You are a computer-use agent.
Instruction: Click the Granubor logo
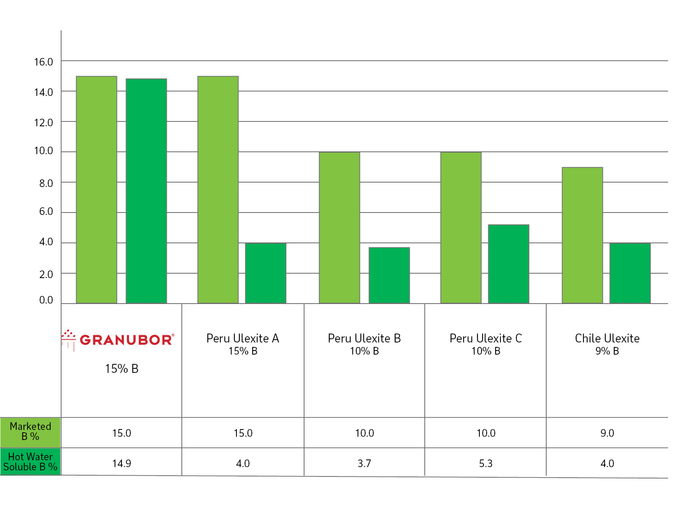pyautogui.click(x=118, y=340)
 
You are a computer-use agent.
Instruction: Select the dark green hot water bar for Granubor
pyautogui.click(x=146, y=191)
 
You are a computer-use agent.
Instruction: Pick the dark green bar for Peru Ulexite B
pyautogui.click(x=389, y=275)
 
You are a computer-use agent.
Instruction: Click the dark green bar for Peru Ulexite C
pyautogui.click(x=509, y=264)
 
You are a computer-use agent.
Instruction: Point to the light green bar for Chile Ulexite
pyautogui.click(x=582, y=235)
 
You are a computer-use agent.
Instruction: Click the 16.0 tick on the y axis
pyautogui.click(x=44, y=62)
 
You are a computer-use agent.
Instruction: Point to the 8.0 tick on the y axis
pyautogui.click(x=46, y=183)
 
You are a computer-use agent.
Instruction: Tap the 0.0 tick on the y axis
pyautogui.click(x=46, y=300)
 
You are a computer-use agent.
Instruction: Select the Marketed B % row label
pyautogui.click(x=30, y=432)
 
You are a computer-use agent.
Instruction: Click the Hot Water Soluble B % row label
pyautogui.click(x=30, y=462)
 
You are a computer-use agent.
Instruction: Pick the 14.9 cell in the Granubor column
pyautogui.click(x=121, y=463)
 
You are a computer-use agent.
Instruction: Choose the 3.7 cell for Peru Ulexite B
pyautogui.click(x=364, y=463)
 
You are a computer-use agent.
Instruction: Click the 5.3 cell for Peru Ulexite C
pyautogui.click(x=486, y=463)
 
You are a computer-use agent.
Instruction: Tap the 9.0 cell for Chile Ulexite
pyautogui.click(x=607, y=433)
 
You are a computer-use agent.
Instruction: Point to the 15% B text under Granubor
pyautogui.click(x=121, y=369)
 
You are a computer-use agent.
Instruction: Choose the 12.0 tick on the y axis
pyautogui.click(x=44, y=123)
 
